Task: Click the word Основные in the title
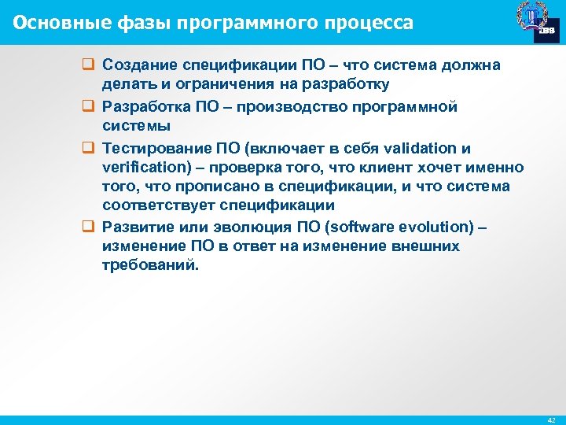click(x=53, y=23)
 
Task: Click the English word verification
click(x=138, y=168)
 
